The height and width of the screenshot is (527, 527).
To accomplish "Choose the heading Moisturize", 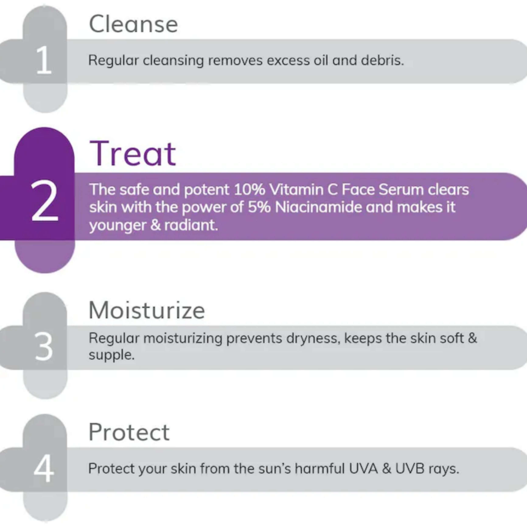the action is point(147,310).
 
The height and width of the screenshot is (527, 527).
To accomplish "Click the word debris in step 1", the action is point(382,60).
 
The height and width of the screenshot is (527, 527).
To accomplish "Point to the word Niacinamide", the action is point(318,207).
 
